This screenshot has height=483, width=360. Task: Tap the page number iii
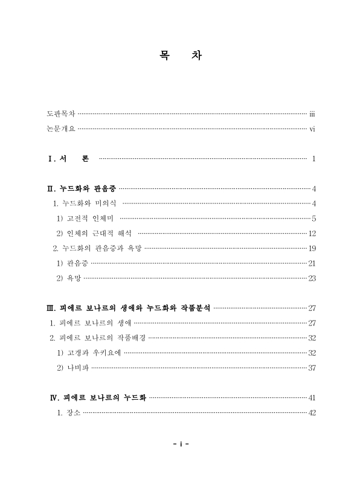(x=312, y=114)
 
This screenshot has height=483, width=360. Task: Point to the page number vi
(x=312, y=129)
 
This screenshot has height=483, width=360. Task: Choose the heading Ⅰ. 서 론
(x=68, y=159)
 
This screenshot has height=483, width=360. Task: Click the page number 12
(x=312, y=233)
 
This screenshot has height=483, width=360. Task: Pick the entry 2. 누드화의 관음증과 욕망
(x=97, y=248)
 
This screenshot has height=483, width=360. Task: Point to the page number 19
(x=312, y=248)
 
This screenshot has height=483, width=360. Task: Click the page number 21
(x=312, y=263)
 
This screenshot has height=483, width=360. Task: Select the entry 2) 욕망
(x=68, y=278)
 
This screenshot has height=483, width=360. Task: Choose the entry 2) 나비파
(x=72, y=367)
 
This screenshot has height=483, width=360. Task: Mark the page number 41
(x=312, y=397)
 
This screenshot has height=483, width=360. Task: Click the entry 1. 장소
(x=68, y=412)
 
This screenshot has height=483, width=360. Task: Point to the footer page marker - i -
(x=181, y=444)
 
